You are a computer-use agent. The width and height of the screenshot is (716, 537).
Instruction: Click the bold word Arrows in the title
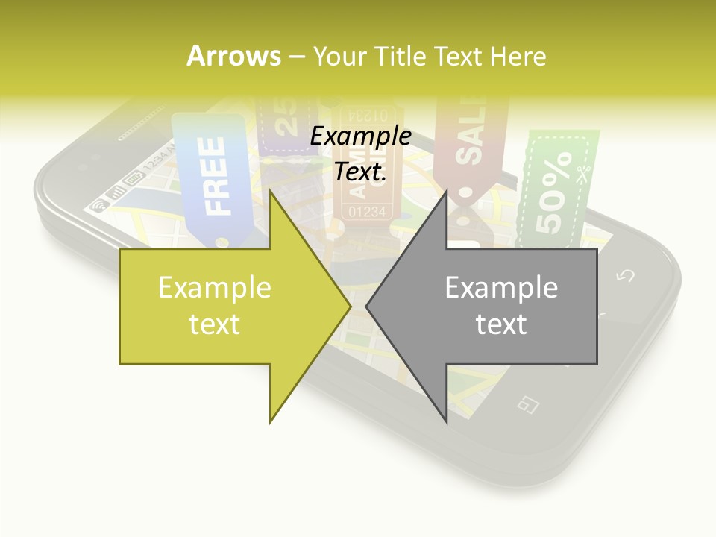pyautogui.click(x=234, y=56)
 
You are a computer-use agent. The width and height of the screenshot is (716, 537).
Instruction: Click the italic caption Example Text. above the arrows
pyautogui.click(x=360, y=154)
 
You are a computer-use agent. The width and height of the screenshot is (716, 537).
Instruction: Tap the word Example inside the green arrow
pyautogui.click(x=215, y=288)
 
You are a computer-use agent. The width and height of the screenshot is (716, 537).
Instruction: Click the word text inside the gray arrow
pyautogui.click(x=501, y=324)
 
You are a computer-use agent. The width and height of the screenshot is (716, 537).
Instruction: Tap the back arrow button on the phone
pyautogui.click(x=625, y=276)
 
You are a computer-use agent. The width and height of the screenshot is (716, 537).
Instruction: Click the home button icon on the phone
pyautogui.click(x=528, y=403)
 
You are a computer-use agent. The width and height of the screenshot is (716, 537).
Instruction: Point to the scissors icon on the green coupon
pyautogui.click(x=582, y=172)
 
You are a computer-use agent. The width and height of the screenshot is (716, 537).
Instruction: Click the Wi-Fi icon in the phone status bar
pyautogui.click(x=98, y=206)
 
